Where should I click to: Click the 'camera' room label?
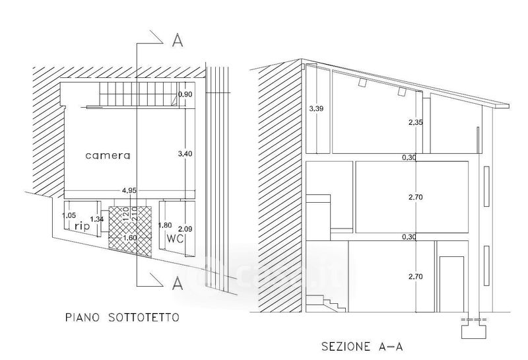(x=108, y=156)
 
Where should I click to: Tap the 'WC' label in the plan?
(x=175, y=236)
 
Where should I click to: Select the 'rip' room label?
(x=82, y=227)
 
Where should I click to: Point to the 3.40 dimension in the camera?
(x=185, y=154)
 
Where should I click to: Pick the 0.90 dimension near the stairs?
(x=185, y=94)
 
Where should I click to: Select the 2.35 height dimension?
(x=414, y=122)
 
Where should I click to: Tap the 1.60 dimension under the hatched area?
(x=129, y=238)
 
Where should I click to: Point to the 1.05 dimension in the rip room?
(x=69, y=215)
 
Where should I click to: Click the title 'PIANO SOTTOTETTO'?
(x=122, y=318)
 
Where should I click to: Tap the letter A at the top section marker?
(x=177, y=41)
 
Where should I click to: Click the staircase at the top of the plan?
(x=139, y=94)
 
